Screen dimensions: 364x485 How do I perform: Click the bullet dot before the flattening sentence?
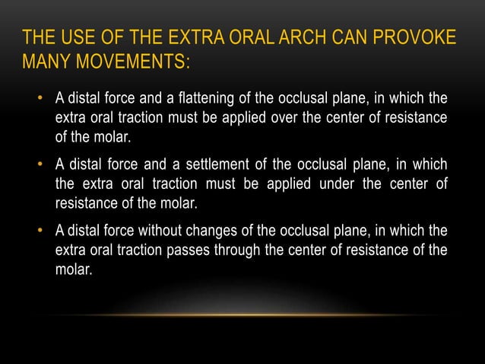(40, 100)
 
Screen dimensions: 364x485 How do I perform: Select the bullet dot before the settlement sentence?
(40, 166)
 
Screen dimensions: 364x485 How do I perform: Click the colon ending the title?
(185, 61)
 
